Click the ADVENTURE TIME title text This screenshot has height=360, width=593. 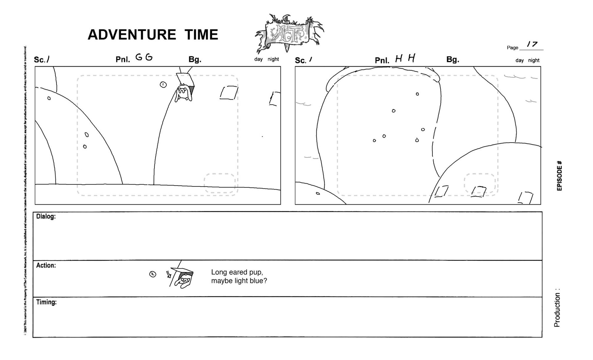click(153, 35)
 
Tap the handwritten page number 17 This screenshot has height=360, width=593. click(532, 44)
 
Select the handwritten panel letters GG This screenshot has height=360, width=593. click(144, 57)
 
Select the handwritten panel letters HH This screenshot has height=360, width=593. click(405, 58)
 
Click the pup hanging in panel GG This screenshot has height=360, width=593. click(184, 92)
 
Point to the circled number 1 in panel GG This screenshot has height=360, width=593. click(163, 85)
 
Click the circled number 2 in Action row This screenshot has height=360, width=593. click(153, 274)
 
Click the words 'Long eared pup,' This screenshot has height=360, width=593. click(237, 272)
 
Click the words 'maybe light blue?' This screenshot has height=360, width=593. click(239, 281)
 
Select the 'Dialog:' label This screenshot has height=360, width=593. click(46, 216)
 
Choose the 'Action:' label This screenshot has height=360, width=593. click(46, 266)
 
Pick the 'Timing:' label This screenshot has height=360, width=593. click(46, 302)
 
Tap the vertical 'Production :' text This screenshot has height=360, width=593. click(557, 308)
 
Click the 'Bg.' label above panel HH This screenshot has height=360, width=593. click(452, 60)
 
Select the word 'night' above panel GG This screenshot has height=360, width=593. click(273, 59)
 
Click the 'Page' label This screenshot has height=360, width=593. click(512, 48)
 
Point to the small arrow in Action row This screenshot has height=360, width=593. click(168, 274)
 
